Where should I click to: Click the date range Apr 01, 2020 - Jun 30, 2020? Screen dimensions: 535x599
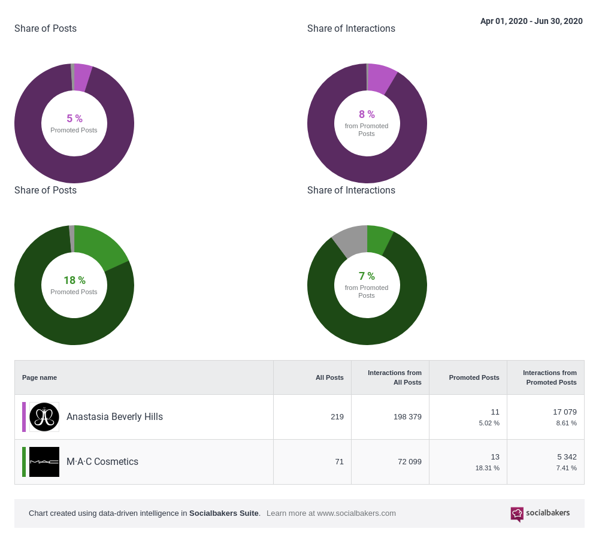coord(531,21)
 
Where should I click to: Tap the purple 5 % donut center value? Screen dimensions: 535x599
coord(74,119)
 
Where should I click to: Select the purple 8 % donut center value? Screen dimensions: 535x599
coord(367,114)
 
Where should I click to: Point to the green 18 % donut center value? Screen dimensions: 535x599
coord(74,280)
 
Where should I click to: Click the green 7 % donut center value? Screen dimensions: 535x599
coord(367,276)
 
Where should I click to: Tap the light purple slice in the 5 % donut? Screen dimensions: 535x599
coord(82,77)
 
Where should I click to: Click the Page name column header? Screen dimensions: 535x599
coord(40,377)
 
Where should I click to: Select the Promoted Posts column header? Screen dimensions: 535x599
coord(474,377)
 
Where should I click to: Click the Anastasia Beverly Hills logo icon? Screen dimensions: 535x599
coord(44,417)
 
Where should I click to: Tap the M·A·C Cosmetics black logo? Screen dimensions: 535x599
coord(44,462)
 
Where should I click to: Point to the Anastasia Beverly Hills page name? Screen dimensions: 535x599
coord(114,417)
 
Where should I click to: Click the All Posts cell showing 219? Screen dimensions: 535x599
coord(337,417)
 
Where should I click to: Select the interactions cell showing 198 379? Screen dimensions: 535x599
coord(407,417)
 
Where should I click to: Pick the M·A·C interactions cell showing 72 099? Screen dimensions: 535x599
coord(410,462)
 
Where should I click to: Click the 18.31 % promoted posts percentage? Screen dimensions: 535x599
coord(487,468)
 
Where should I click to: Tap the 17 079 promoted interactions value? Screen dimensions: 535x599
coord(564,412)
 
